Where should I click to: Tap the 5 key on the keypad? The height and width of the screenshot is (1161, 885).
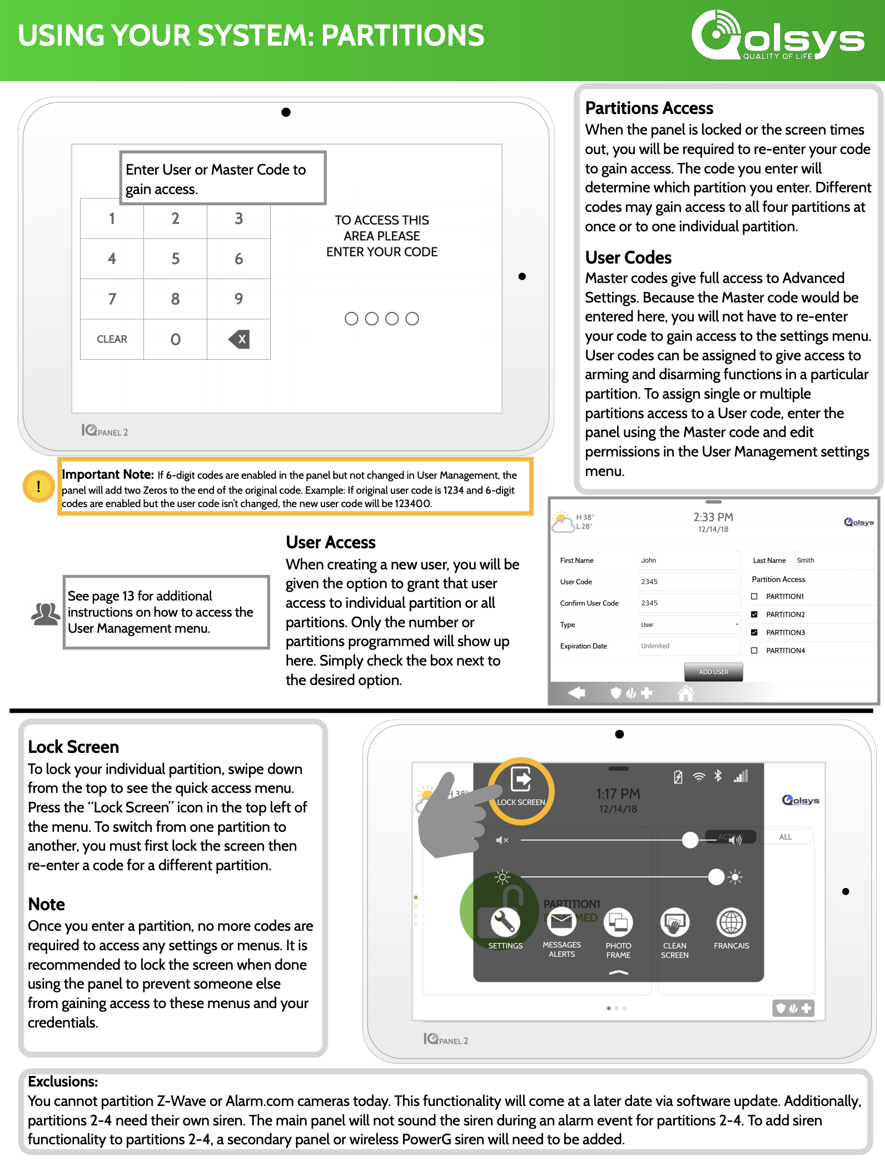pyautogui.click(x=175, y=259)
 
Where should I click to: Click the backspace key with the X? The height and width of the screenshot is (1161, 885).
pyautogui.click(x=239, y=339)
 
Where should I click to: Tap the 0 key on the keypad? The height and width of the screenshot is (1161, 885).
pyautogui.click(x=175, y=339)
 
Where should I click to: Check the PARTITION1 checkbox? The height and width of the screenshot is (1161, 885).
pyautogui.click(x=754, y=597)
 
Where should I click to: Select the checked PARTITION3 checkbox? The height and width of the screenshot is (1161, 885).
pyautogui.click(x=754, y=633)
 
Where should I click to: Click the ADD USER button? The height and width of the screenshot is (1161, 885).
pyautogui.click(x=713, y=672)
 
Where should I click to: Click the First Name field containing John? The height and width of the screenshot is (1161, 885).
pyautogui.click(x=689, y=560)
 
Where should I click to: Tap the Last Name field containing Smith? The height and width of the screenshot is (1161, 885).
pyautogui.click(x=833, y=560)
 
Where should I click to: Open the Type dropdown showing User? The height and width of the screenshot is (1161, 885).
pyautogui.click(x=689, y=624)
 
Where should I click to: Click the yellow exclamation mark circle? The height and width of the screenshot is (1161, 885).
pyautogui.click(x=38, y=486)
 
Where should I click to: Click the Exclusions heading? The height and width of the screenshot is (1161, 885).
pyautogui.click(x=63, y=1081)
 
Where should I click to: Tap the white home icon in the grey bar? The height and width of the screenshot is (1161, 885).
pyautogui.click(x=686, y=693)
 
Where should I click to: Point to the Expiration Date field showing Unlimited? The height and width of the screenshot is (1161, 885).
pyautogui.click(x=689, y=646)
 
